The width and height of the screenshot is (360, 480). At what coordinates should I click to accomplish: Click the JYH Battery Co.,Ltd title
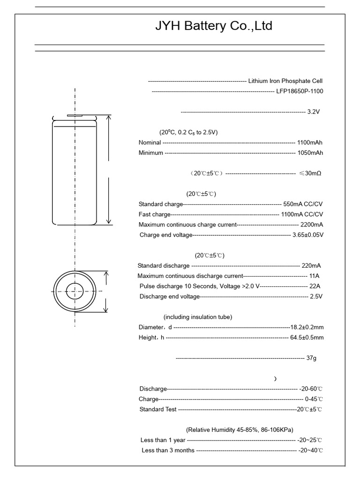click(x=214, y=26)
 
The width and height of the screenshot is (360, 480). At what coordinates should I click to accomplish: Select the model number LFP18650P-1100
click(x=300, y=91)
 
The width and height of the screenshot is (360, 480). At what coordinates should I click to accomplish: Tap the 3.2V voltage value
click(x=314, y=112)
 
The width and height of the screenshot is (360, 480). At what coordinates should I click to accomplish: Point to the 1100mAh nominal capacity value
click(x=310, y=142)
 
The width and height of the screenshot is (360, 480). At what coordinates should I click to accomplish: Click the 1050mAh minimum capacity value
click(x=310, y=153)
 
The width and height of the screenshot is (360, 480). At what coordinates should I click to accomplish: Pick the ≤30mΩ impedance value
click(x=310, y=173)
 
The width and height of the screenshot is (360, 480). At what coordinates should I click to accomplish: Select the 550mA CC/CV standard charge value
click(x=303, y=204)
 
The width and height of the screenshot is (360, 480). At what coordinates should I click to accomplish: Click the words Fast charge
click(x=155, y=214)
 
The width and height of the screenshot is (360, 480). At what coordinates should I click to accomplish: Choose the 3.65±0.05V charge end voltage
click(x=307, y=235)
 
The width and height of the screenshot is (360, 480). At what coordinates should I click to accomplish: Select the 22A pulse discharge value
click(x=315, y=286)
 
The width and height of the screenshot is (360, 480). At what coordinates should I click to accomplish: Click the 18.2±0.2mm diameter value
click(x=307, y=327)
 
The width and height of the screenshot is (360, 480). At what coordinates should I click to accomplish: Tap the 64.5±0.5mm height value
click(x=307, y=337)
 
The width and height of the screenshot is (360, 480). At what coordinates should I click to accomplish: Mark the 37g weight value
click(x=311, y=358)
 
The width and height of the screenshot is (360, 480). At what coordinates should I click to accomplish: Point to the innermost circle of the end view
click(x=75, y=292)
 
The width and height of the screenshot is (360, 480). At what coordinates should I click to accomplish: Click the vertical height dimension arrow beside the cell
click(x=109, y=170)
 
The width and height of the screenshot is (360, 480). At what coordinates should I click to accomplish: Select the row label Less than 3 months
click(x=168, y=450)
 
